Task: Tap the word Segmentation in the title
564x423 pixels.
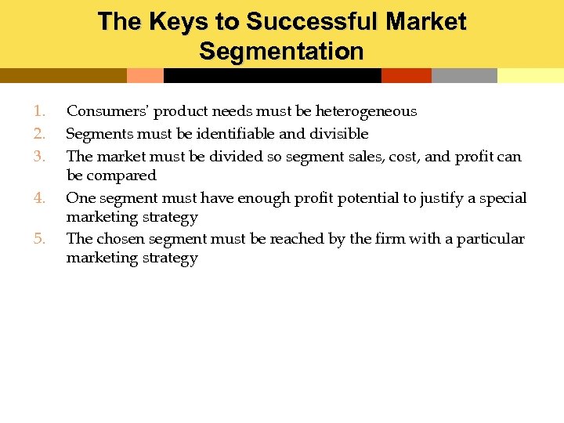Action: (x=281, y=52)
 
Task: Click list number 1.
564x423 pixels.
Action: (x=40, y=111)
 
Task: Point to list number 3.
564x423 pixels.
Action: (x=40, y=157)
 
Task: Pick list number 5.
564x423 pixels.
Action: (x=40, y=238)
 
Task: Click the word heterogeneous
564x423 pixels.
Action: (x=366, y=111)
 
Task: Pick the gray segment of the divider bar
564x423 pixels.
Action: (x=464, y=75)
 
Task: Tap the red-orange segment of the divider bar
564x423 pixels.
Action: (x=406, y=75)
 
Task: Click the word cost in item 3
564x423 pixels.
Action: (x=403, y=157)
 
